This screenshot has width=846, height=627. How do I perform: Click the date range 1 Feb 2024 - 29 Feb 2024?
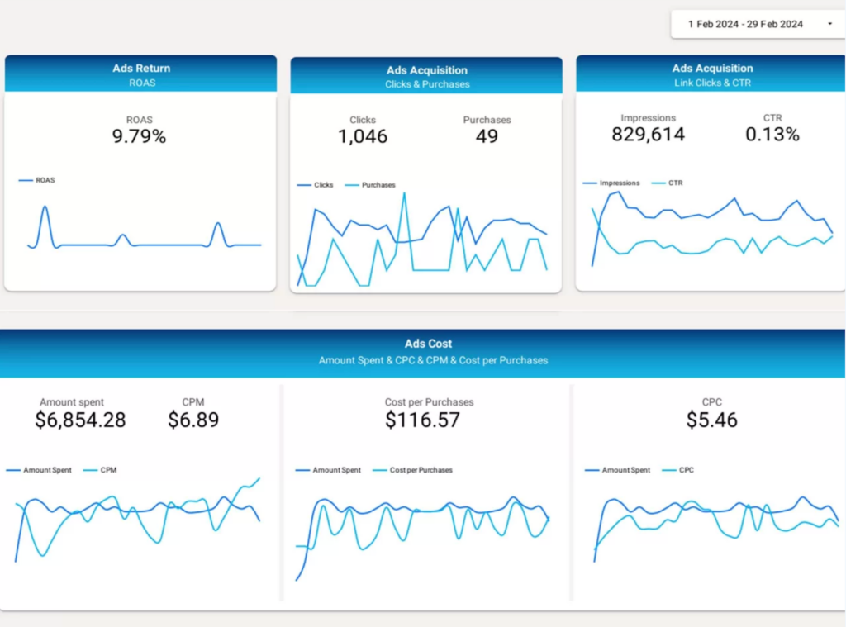[x=745, y=24]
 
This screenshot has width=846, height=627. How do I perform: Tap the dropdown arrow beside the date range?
[x=829, y=24]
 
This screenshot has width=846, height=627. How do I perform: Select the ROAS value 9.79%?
[x=139, y=137]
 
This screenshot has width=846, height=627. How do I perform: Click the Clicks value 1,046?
[x=362, y=137]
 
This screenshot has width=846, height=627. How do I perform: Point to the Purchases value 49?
[x=487, y=137]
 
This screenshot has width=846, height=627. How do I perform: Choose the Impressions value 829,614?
[x=648, y=135]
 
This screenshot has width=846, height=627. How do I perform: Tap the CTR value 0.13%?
[x=772, y=135]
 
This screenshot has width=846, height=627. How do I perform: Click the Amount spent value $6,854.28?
[x=80, y=420]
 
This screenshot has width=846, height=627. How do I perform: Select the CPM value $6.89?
[x=193, y=420]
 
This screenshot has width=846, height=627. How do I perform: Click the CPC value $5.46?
[x=711, y=420]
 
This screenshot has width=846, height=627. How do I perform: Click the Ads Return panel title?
[x=141, y=68]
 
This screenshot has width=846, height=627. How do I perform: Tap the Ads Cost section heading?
[x=428, y=344]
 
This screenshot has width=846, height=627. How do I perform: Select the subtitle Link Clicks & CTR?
[x=711, y=83]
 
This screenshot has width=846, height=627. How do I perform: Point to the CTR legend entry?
[x=674, y=183]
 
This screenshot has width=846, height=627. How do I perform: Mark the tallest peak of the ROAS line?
[x=44, y=207]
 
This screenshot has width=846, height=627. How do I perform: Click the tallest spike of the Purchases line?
[x=404, y=193]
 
